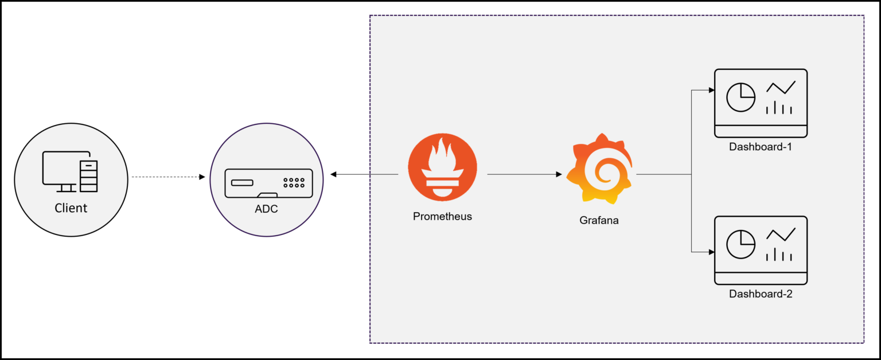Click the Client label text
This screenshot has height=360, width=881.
pos(71,208)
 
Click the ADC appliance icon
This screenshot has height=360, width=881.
pos(268,182)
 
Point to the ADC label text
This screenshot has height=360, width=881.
pos(266,209)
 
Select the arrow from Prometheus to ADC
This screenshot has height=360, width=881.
pos(364,174)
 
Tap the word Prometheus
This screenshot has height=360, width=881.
pos(442,217)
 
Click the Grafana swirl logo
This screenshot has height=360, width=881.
pos(599,169)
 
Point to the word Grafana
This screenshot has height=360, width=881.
pos(599,220)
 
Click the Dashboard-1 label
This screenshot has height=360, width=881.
pos(761,147)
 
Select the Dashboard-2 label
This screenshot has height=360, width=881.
pos(761,294)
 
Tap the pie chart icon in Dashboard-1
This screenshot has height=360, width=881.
pos(740,97)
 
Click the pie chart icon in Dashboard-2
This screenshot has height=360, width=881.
pos(740,244)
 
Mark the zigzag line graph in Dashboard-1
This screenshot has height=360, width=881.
pos(781,88)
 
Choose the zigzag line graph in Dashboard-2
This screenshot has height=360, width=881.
pos(781,234)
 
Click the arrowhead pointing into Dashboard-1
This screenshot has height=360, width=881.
pos(711,90)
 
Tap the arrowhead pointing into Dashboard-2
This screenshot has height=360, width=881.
pos(711,252)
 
